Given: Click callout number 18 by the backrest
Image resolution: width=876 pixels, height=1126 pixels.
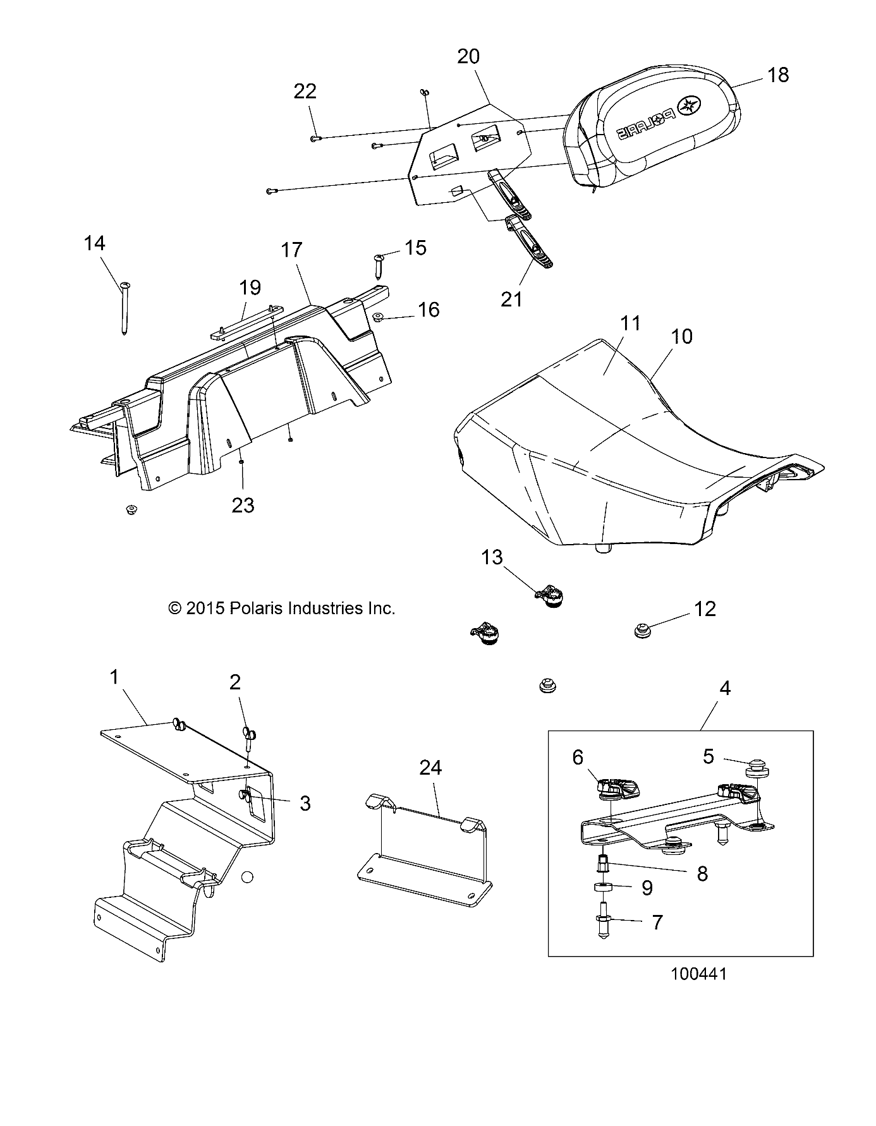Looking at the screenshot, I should click(778, 75).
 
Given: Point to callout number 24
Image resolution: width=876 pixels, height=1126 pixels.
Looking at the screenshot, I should click(430, 768).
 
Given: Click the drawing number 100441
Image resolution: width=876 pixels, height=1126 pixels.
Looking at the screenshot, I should click(699, 974).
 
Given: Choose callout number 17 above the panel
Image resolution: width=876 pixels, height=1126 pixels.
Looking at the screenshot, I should click(292, 250).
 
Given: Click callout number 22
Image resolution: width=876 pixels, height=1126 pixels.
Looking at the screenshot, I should click(305, 92).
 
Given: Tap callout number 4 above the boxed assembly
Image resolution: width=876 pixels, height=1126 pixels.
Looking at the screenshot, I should click(725, 688).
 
